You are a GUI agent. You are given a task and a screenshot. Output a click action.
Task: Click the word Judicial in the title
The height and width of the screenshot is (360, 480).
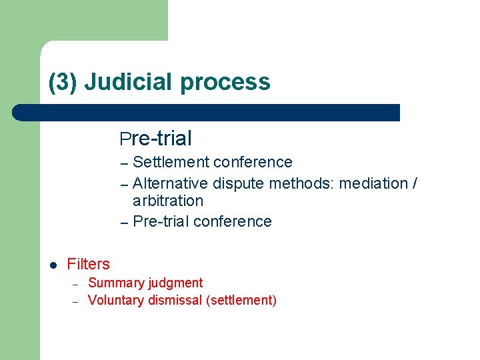click(x=129, y=82)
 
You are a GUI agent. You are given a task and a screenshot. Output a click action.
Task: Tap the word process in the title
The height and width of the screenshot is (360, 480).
click(x=225, y=82)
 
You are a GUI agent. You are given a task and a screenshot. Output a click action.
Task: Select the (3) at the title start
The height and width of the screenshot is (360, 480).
click(x=63, y=82)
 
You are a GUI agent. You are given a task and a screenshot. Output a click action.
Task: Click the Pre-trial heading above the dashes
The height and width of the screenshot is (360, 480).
click(x=156, y=139)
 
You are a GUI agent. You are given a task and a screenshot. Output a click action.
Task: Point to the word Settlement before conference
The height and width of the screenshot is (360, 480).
click(x=171, y=162)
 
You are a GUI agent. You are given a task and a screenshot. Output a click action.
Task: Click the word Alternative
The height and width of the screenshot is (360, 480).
click(x=171, y=183)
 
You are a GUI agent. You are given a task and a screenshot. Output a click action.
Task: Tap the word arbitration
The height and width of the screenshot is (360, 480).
click(x=168, y=201)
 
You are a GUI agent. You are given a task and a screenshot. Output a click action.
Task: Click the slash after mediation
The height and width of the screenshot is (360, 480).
click(x=415, y=183)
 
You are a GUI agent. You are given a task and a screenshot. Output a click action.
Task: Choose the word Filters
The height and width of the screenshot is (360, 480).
click(x=89, y=264)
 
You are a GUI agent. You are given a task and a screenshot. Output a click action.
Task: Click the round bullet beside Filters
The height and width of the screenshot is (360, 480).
click(x=54, y=265)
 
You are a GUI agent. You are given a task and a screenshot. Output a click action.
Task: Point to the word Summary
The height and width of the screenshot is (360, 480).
click(x=115, y=283)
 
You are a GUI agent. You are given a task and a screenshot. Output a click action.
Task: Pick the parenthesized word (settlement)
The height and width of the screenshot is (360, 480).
click(x=241, y=300)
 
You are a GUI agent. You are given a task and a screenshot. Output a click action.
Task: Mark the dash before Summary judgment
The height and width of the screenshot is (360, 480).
click(x=75, y=283)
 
